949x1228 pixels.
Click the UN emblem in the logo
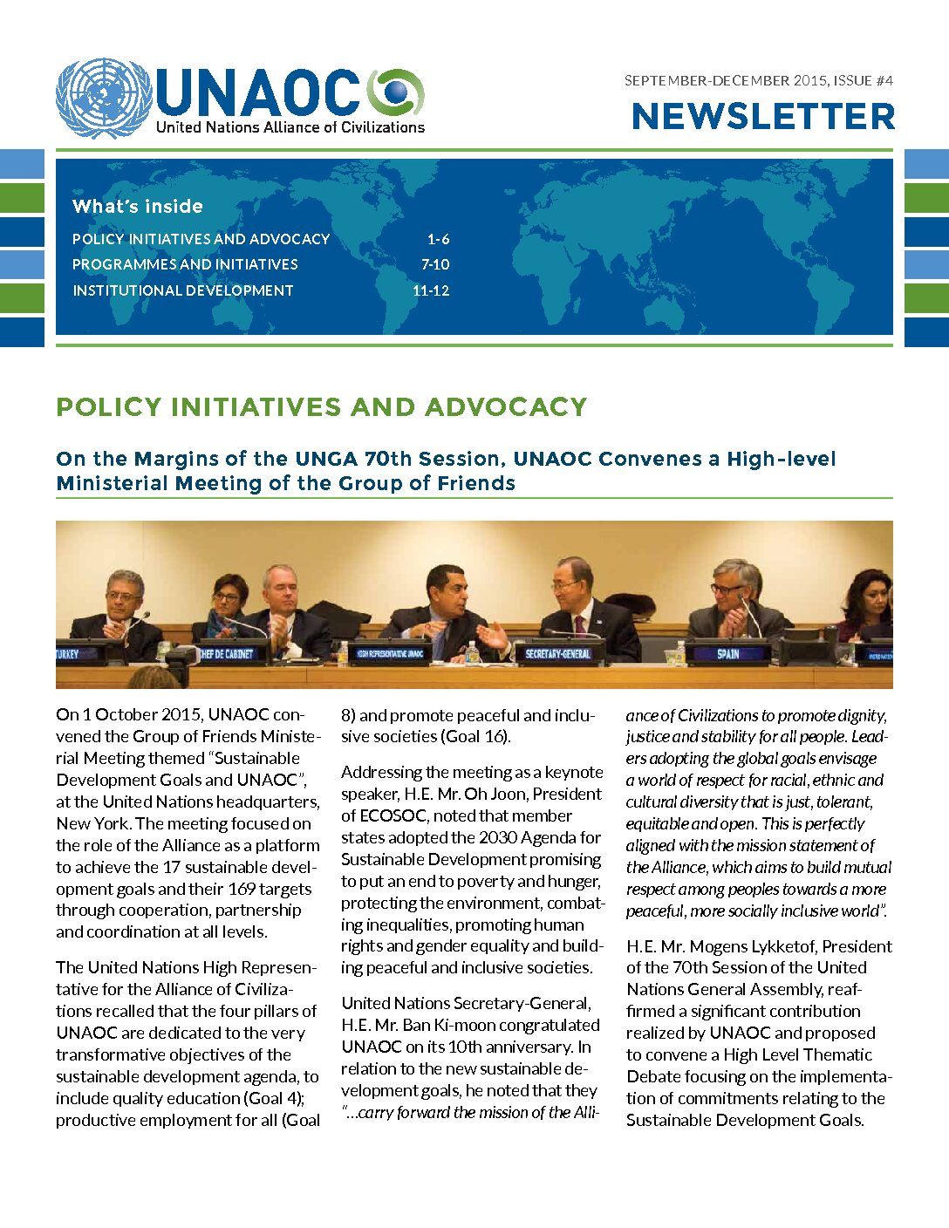point(103,99)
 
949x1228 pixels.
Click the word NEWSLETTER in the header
point(763,117)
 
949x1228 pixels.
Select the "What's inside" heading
point(138,207)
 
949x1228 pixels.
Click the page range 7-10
point(435,264)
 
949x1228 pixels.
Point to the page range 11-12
point(431,290)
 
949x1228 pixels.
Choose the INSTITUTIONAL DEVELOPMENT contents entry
point(183,290)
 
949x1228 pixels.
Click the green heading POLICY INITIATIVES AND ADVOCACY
point(322,406)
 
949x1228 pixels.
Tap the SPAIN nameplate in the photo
point(727,653)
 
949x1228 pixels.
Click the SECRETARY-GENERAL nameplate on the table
point(558,653)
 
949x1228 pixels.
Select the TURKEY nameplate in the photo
point(67,653)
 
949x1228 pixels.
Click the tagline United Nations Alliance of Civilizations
point(290,127)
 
